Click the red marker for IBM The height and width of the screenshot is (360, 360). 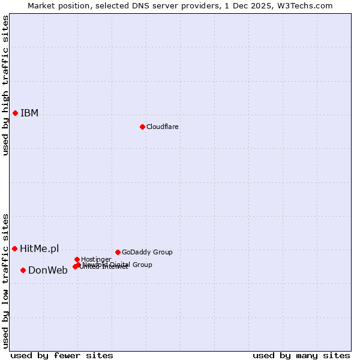15,113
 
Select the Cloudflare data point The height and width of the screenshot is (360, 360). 142,127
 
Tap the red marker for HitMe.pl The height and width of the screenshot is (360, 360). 15,248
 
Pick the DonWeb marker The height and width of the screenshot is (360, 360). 23,270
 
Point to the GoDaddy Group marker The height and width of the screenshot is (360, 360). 118,252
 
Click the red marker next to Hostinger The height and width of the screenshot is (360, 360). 77,259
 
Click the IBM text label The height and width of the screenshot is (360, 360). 29,113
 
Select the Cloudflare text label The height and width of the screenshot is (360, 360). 163,127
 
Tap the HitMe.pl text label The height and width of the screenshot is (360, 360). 40,248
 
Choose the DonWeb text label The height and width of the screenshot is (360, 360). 48,270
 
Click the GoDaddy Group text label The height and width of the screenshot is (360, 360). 147,252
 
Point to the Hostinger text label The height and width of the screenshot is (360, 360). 96,259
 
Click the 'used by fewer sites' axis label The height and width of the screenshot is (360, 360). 62,355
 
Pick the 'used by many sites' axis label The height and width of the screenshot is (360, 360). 301,355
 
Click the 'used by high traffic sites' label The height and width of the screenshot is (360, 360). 5,85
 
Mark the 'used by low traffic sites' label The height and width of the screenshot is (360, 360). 5,281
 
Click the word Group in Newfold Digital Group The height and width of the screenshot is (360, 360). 142,265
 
